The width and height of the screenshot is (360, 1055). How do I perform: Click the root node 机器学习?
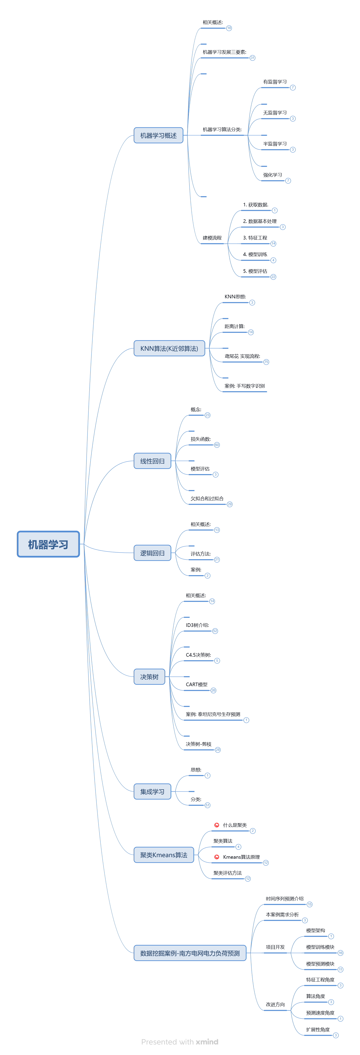point(48,544)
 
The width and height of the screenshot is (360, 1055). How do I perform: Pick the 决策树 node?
point(149,677)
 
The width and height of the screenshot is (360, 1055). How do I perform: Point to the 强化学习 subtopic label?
point(272,175)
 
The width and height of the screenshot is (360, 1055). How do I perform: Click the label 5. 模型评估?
point(255,271)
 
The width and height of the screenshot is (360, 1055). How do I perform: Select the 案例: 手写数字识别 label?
point(244,386)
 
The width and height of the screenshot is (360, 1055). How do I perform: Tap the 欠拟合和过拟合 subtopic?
point(207,498)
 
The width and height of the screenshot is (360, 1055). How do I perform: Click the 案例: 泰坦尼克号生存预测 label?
point(213,714)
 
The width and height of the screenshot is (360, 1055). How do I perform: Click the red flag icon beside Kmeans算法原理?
point(217,857)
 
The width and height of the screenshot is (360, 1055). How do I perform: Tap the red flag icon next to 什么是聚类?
point(217,825)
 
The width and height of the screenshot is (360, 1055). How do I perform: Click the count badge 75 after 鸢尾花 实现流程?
point(266,362)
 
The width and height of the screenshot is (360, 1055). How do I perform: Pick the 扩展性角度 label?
point(318,1029)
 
